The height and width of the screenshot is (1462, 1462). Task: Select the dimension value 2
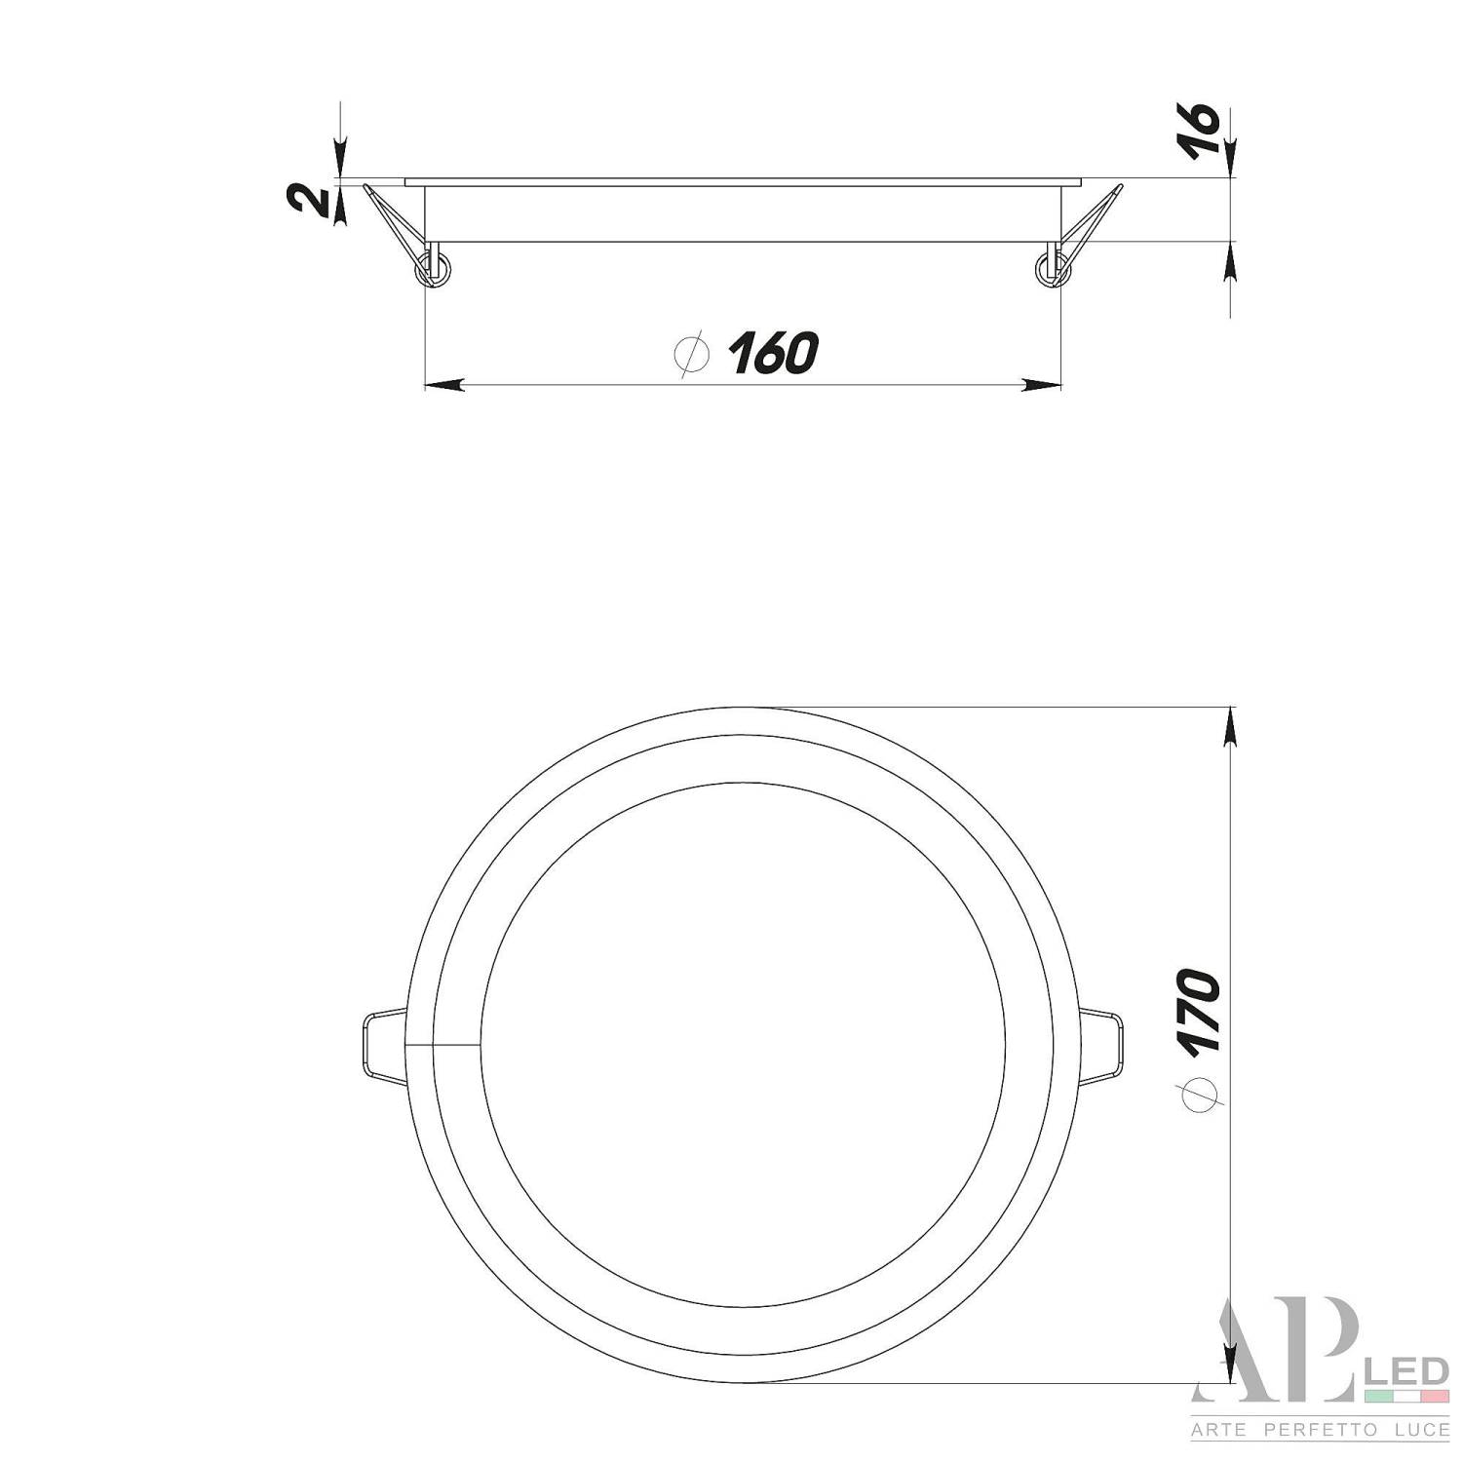click(x=308, y=200)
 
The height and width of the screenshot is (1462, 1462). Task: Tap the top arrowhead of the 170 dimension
click(x=1231, y=725)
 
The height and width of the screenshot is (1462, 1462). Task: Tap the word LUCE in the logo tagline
click(x=1414, y=1430)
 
